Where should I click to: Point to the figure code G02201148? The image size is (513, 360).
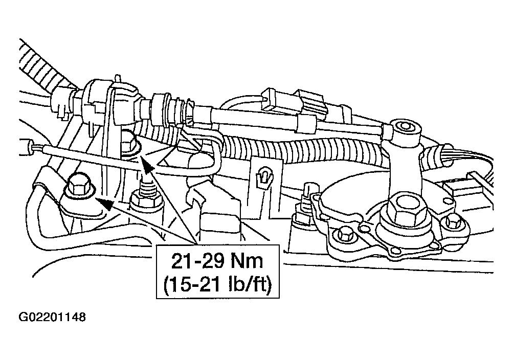click(x=52, y=317)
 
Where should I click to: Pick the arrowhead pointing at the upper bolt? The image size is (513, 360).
click(x=147, y=164)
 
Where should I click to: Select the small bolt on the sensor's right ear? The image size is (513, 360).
click(x=454, y=222)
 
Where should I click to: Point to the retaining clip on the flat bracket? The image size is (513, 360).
click(x=264, y=177)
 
